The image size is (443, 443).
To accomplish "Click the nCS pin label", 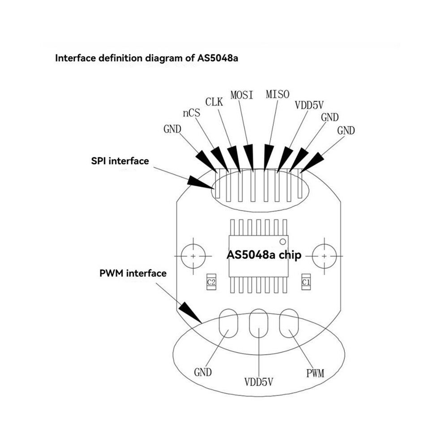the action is pos(192,113).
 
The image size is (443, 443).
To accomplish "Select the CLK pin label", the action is pos(214,102).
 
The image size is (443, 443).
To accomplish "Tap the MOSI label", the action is pos(242,95).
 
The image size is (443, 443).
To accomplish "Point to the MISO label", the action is pos(277,94).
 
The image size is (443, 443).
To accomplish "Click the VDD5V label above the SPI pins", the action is pos(309,105).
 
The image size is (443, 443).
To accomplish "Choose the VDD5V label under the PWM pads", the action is pos(259,382).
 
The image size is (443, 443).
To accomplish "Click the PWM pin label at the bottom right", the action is pos(315,373).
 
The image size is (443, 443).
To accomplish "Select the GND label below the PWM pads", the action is pos(203,372).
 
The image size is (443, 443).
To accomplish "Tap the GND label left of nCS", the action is pos(172,129).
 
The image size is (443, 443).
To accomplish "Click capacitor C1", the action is pos(306,281).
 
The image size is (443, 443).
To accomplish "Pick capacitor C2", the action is pos(211,281).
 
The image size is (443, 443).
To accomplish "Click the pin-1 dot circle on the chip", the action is pos(282,242).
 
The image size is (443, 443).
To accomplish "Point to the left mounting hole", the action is pos(193,256).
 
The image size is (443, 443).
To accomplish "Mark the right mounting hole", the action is pos(324,256).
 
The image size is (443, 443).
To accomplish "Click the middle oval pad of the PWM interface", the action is pos(259,323).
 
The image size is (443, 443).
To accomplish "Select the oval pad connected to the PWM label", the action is pos(289,323).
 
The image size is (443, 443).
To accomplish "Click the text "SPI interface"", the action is pos(120,161).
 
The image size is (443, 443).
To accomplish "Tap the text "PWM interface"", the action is pos(133,273).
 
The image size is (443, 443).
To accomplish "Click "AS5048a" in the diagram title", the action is pos(217,58).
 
